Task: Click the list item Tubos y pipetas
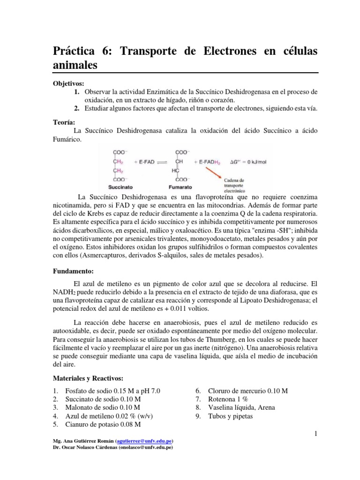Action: point(231,415)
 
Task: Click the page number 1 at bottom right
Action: point(316,434)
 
